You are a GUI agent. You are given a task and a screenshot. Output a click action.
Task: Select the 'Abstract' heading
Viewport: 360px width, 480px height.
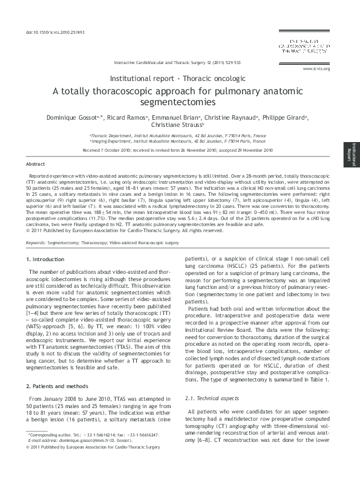pos(36,164)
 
